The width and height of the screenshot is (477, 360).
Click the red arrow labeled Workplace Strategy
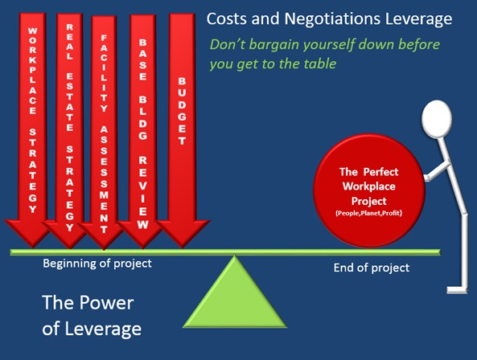click(32, 128)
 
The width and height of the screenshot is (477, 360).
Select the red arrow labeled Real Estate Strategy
click(70, 128)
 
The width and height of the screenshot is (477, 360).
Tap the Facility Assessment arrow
click(104, 131)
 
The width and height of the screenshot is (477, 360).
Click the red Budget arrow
click(182, 128)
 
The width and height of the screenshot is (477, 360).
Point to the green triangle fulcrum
click(235, 297)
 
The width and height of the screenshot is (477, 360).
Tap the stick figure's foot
click(456, 289)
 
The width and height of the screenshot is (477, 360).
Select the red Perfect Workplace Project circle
click(369, 190)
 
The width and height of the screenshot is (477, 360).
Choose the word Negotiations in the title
click(332, 18)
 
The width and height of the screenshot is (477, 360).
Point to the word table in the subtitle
click(321, 63)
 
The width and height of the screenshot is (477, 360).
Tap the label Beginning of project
click(97, 264)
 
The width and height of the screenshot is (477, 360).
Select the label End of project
click(372, 268)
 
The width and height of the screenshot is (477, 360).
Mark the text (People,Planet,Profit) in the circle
click(369, 213)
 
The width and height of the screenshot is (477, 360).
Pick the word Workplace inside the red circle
click(369, 186)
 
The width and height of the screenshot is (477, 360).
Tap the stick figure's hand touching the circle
click(426, 178)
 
